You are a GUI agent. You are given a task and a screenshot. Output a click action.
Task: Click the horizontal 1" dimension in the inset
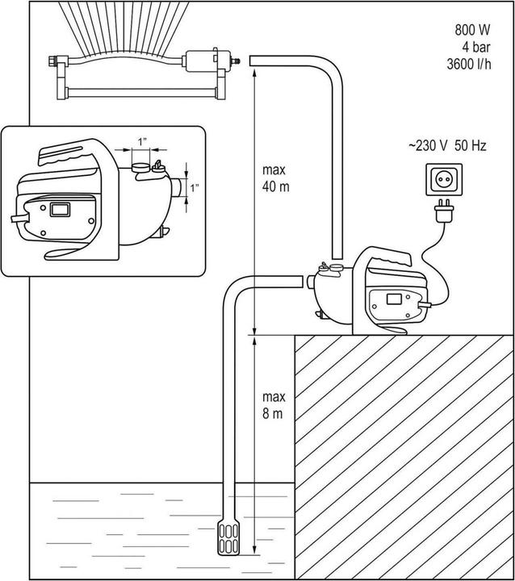143,142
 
